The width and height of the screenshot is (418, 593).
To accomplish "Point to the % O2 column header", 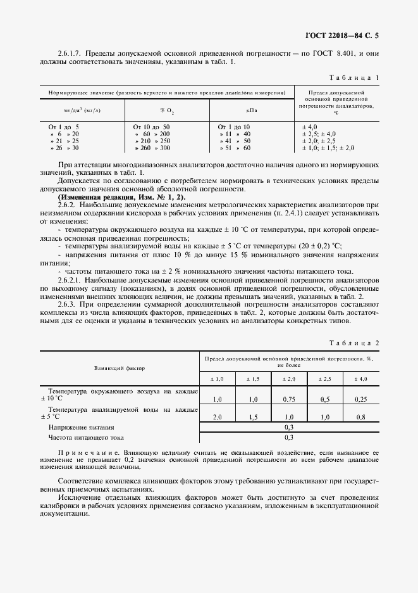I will click(x=167, y=110).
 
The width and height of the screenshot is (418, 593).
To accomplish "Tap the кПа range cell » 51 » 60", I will click(x=234, y=148).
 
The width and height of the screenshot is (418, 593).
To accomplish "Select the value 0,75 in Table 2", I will click(x=290, y=400).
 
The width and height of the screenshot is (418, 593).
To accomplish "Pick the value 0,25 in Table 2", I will click(x=361, y=400).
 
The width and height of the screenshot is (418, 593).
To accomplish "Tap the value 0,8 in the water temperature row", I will click(x=361, y=418).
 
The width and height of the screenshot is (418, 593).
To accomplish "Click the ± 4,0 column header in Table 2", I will click(x=361, y=379).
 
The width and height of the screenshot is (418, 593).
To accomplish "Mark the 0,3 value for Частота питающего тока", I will click(x=289, y=437).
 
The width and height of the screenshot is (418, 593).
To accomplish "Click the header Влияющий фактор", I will click(x=120, y=367).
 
